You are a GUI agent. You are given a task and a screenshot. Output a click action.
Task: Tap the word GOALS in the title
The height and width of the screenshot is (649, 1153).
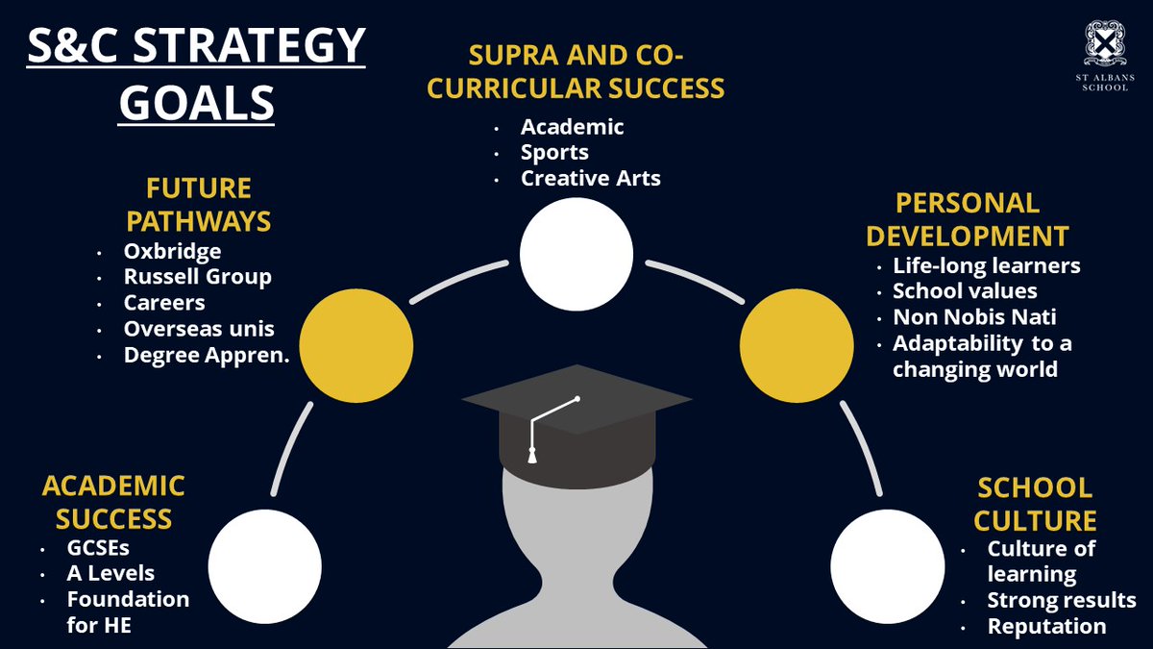click(x=196, y=103)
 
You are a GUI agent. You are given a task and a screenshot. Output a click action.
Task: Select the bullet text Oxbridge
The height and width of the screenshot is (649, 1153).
click(x=172, y=252)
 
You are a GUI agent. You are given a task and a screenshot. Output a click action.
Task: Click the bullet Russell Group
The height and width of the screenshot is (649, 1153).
click(x=198, y=277)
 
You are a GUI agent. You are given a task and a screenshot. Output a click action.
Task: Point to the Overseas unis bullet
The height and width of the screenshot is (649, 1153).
click(x=199, y=329)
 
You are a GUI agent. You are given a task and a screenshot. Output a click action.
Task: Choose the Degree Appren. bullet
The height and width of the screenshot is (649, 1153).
click(x=207, y=356)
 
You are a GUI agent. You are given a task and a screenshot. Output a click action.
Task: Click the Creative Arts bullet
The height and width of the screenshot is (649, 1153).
click(x=590, y=178)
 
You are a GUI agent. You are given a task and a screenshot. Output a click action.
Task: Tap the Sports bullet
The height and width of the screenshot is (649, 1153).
click(x=554, y=153)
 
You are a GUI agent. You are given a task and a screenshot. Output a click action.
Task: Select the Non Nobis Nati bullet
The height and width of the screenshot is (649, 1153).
click(x=974, y=316)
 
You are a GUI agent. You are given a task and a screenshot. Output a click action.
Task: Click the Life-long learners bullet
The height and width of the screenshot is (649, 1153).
click(x=986, y=265)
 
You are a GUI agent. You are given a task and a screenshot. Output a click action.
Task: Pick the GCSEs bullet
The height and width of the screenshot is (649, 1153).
click(x=98, y=548)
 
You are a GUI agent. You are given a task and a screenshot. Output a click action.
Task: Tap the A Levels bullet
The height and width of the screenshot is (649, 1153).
click(x=110, y=573)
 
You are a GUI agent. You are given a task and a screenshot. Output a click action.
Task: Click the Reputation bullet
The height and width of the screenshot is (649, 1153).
click(x=1046, y=627)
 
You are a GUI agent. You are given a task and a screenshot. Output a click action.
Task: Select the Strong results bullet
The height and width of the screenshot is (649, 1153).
click(x=1062, y=601)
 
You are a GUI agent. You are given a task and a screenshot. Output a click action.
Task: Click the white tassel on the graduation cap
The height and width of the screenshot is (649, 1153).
click(x=532, y=456)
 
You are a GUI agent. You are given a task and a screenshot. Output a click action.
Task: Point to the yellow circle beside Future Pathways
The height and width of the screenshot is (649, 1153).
click(x=356, y=345)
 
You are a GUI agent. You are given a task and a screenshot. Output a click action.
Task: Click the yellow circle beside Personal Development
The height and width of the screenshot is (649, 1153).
click(x=797, y=345)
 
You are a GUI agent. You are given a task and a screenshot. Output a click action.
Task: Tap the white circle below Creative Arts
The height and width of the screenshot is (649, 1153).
click(x=576, y=255)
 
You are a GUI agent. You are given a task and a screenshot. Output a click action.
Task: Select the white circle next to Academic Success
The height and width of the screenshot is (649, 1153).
click(x=265, y=566)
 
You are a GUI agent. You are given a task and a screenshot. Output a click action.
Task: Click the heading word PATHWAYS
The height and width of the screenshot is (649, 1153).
click(x=199, y=221)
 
